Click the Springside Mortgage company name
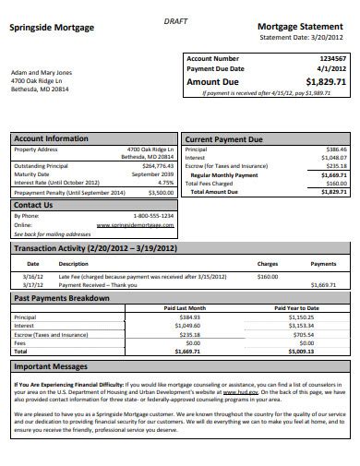pos(52,28)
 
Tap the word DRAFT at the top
pos(174,19)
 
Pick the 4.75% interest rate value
pos(164,182)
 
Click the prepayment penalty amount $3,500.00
pos(158,192)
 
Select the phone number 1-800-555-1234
pos(148,215)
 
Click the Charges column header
pos(267,263)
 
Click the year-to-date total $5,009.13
pos(301,351)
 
